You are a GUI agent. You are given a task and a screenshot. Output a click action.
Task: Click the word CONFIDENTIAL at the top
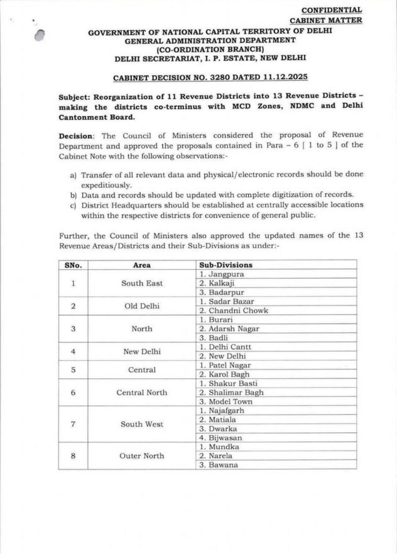[x=332, y=10]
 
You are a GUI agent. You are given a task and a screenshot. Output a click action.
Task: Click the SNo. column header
[x=73, y=265]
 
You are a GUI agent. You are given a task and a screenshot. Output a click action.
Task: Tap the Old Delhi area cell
[x=142, y=306]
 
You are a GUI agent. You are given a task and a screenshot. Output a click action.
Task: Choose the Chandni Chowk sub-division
[x=238, y=311]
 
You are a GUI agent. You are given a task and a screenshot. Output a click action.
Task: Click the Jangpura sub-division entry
[x=226, y=274]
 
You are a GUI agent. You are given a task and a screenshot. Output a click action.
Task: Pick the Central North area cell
[x=142, y=393]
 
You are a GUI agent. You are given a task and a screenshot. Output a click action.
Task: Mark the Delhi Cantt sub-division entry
[x=230, y=347]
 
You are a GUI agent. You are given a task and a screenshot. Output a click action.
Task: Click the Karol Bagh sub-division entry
[x=229, y=375]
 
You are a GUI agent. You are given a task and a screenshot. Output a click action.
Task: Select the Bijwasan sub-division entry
[x=225, y=438]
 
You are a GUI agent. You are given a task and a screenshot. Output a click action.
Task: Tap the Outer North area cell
[x=142, y=456]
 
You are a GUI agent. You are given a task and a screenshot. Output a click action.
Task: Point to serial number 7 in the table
[x=73, y=424]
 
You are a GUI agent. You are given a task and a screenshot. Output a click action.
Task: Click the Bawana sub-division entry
[x=223, y=465]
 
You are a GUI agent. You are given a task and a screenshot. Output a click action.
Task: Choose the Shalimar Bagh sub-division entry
[x=236, y=393]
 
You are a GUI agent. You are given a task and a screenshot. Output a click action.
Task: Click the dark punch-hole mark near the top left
[x=40, y=35]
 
